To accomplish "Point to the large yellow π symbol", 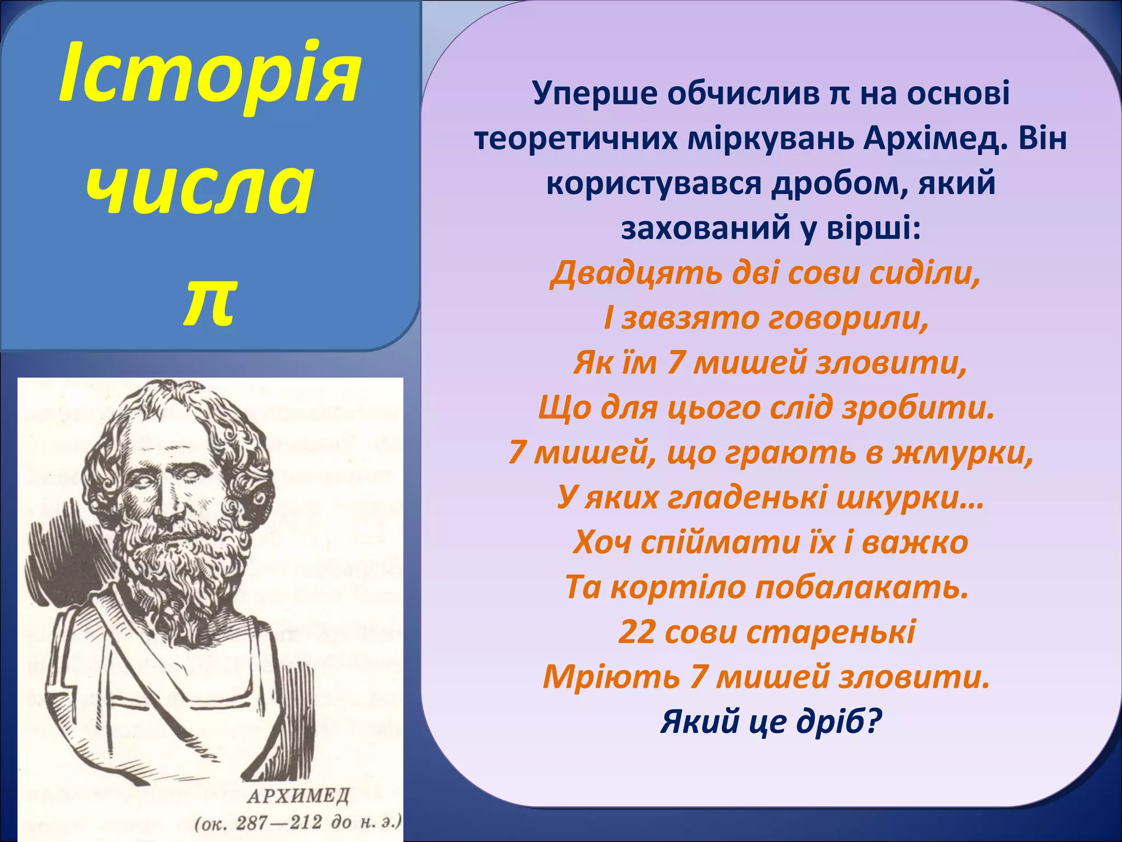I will [x=210, y=300].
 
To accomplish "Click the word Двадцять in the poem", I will [x=636, y=273].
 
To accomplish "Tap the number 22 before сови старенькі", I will [x=637, y=632].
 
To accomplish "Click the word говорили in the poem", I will [x=849, y=318].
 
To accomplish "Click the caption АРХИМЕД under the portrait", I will [x=298, y=795].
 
